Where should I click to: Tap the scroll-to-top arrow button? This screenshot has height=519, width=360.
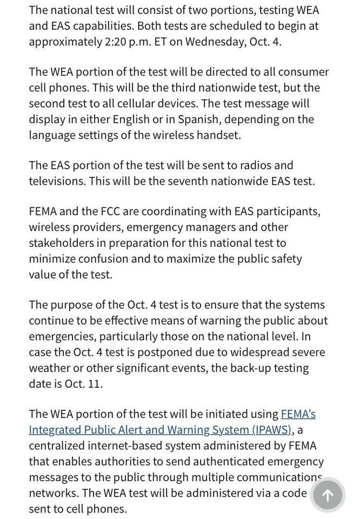tap(327, 494)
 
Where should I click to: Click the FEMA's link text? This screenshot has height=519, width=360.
tap(298, 414)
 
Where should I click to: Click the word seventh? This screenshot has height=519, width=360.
tap(189, 181)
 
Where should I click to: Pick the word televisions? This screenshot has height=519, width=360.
tap(57, 181)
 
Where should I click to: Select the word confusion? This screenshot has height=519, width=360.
tap(99, 259)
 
